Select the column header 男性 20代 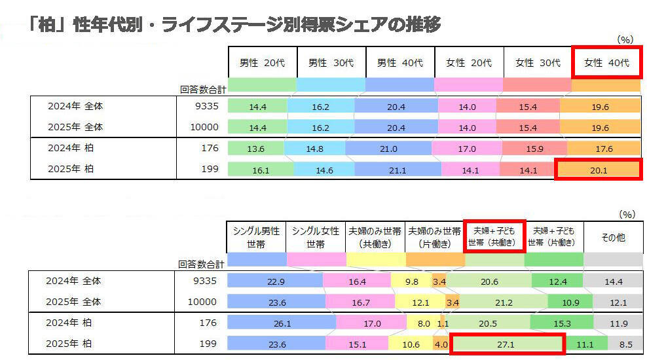[261, 63]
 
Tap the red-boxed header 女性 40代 [606, 63]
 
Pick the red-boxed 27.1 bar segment [508, 344]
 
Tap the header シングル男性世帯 [256, 238]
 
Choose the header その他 [613, 238]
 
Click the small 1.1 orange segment [442, 323]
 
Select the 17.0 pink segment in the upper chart [467, 149]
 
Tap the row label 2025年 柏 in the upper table [71, 170]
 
